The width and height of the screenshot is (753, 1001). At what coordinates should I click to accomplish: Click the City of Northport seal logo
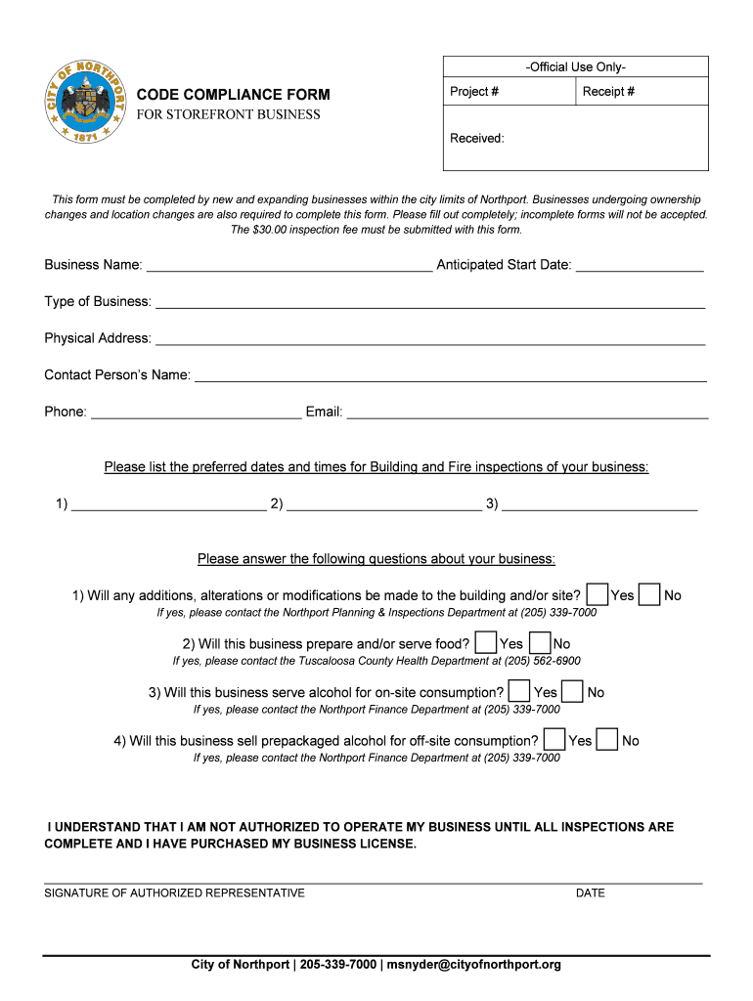coord(86,103)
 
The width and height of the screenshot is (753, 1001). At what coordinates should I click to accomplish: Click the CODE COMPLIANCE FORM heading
coord(233,95)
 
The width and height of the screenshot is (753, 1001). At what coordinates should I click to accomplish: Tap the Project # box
coord(508,92)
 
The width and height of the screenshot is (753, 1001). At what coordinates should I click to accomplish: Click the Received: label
coord(477,138)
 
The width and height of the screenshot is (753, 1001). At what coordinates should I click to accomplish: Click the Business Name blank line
coord(288,266)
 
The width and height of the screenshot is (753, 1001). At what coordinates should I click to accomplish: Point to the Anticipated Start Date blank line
coord(640,266)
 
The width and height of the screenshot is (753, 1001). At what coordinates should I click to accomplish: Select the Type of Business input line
coord(430,302)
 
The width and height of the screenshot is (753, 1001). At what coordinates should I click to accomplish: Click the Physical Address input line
coord(430,339)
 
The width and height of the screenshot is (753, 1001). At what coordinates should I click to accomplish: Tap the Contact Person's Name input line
coord(450,375)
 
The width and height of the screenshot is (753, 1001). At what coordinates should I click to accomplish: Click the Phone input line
coord(196,413)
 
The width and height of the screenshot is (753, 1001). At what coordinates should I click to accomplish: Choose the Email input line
coord(527,413)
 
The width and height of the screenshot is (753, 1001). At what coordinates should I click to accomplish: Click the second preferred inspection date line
coord(383,504)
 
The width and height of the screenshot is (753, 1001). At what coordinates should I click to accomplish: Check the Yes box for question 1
coord(597,594)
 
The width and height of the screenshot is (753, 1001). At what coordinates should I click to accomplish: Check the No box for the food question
coord(539,643)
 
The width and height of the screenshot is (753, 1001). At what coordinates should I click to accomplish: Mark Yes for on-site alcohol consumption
coord(519,692)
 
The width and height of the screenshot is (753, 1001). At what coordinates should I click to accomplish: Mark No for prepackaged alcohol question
coord(607,740)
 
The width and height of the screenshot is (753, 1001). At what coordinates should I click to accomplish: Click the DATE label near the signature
coord(591,892)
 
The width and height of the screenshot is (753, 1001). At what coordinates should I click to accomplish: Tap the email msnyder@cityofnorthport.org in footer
coord(474,965)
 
